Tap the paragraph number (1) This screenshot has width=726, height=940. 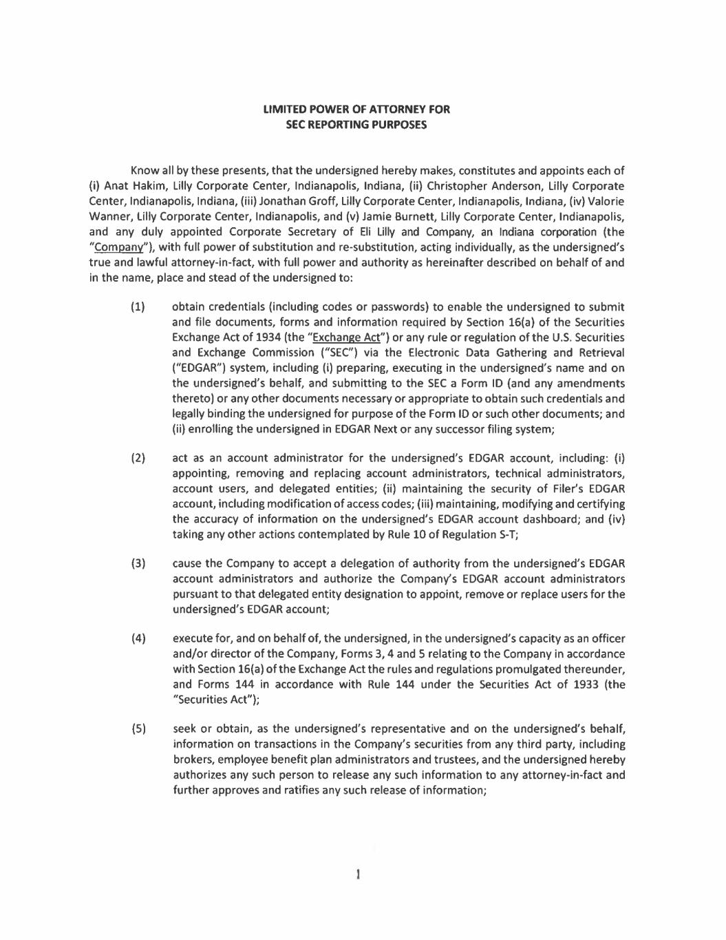[138, 307]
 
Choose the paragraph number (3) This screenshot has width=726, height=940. [138, 563]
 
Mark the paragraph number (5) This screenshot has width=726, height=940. [138, 729]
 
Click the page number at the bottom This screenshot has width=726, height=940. [359, 875]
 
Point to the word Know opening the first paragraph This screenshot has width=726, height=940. [144, 170]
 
